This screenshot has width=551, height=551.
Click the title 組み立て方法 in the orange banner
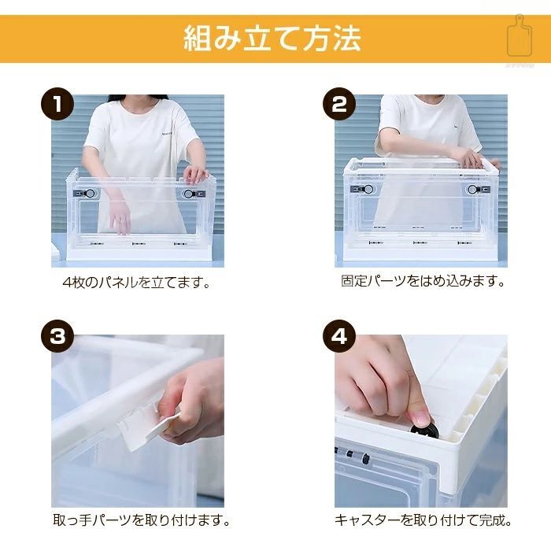272,39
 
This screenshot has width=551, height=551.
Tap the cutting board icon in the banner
520,36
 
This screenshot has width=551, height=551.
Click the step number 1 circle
57,104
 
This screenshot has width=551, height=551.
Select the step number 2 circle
339,104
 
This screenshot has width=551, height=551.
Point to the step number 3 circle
57,336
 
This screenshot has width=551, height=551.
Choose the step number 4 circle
339,336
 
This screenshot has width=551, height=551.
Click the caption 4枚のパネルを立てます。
136,282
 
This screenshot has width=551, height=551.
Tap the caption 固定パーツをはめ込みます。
423,281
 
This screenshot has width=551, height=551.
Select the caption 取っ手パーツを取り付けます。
141,520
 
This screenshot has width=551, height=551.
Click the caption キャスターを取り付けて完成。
423,520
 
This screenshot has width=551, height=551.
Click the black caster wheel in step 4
426,430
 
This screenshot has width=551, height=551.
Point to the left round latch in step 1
90,194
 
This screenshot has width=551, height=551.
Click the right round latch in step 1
189,194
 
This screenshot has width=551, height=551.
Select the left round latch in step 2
368,190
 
